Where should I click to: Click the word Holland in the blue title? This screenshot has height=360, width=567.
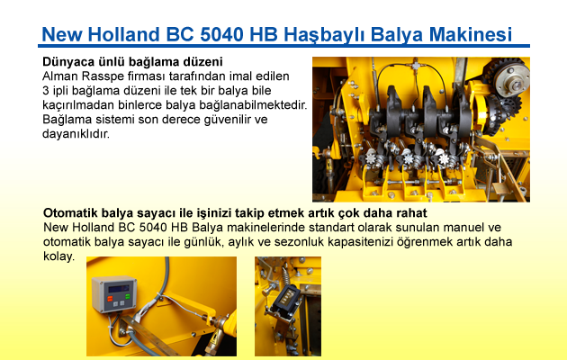coord(123,35)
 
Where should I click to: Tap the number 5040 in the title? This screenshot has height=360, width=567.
coord(221,35)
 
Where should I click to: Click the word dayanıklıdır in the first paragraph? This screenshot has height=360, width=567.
coord(76,134)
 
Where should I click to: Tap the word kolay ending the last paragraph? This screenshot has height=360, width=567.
coord(58,256)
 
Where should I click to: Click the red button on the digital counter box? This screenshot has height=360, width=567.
coord(110,299)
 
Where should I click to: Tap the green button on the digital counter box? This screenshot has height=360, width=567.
coord(127,296)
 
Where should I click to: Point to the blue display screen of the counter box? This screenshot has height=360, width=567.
coord(119,288)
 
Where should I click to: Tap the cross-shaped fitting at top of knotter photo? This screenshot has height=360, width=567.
coord(416,66)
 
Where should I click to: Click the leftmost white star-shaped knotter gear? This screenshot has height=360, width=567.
coord(372,158)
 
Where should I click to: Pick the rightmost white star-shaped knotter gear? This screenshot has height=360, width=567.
coord(444,158)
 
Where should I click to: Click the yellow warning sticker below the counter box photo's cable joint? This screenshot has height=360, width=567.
coord(215,338)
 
